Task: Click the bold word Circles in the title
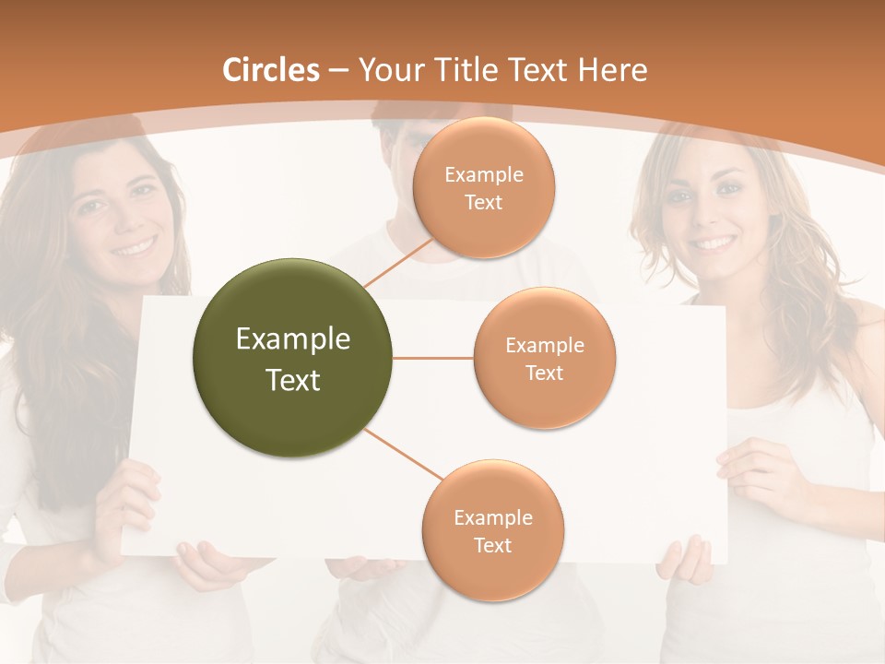pyautogui.click(x=271, y=70)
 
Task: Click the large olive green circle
pyautogui.click(x=293, y=358)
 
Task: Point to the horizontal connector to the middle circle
pyautogui.click(x=433, y=358)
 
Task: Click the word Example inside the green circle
pyautogui.click(x=293, y=339)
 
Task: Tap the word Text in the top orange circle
pyautogui.click(x=484, y=202)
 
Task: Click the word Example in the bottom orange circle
pyautogui.click(x=492, y=518)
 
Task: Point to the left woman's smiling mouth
pyautogui.click(x=135, y=247)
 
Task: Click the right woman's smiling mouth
pyautogui.click(x=714, y=243)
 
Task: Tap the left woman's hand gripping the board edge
pyautogui.click(x=134, y=503)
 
